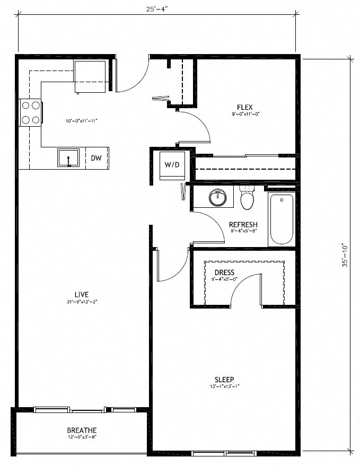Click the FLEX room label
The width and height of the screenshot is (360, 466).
[x=245, y=107]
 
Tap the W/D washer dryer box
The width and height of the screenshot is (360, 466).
[x=171, y=165]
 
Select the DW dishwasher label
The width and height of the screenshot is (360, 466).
[x=96, y=158]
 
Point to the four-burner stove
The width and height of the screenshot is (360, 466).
[x=31, y=113]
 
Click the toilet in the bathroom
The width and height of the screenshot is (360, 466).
[x=248, y=198]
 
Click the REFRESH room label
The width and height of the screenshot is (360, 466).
[x=243, y=224]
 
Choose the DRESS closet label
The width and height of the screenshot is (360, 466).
[x=224, y=272]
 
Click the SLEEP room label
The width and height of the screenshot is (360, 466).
[x=224, y=380]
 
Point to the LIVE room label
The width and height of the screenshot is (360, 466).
[x=81, y=295]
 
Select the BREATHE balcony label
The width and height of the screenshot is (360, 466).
[x=82, y=430]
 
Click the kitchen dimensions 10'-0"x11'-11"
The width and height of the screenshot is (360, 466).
[x=81, y=121]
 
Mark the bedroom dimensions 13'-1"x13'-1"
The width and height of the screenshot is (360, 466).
[x=224, y=386]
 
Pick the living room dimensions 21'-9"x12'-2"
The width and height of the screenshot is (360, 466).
[x=81, y=302]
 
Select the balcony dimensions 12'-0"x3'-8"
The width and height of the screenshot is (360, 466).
[x=82, y=437]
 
